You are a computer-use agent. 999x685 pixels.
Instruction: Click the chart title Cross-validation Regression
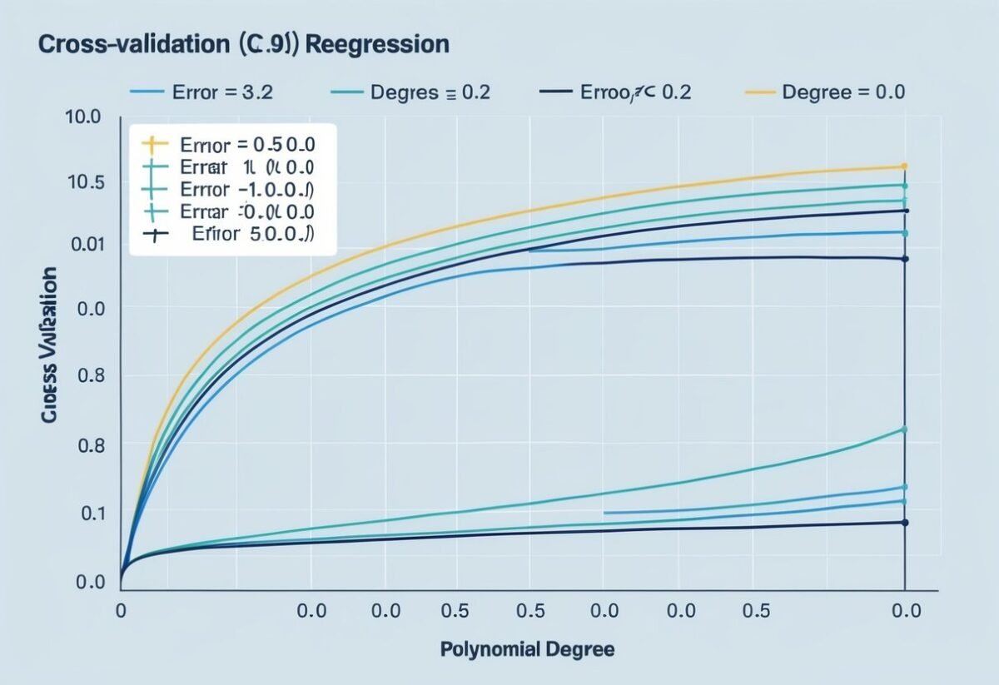click(243, 45)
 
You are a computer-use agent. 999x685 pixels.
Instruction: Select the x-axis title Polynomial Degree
click(527, 649)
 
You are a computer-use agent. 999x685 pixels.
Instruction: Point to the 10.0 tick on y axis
click(82, 117)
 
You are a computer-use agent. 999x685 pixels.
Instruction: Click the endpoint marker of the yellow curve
click(904, 166)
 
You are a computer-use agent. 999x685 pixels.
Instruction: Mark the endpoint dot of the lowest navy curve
click(904, 523)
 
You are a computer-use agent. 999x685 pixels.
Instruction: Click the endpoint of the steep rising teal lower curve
click(904, 429)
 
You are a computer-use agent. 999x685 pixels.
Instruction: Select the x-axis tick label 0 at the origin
click(121, 611)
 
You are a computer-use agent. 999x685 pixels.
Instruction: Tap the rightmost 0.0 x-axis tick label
click(904, 611)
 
